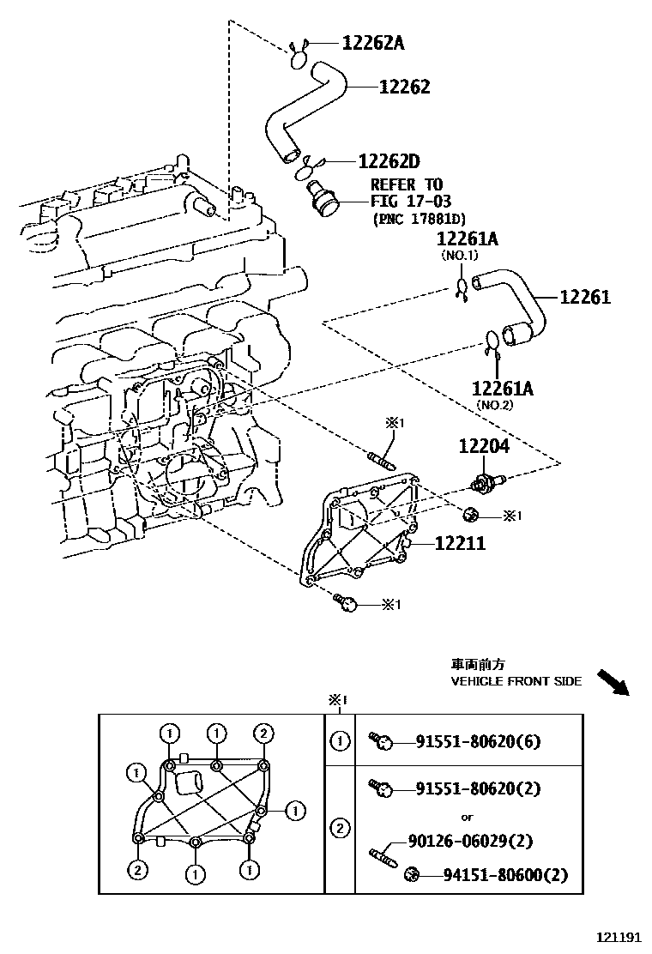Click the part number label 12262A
372,42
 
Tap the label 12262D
388,161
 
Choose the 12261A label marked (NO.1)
467,238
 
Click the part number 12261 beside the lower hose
584,297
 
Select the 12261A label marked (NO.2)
502,389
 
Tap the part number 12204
483,446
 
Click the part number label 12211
459,543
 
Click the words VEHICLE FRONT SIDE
516,681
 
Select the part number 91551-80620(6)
478,742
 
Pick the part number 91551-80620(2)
478,788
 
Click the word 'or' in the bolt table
467,817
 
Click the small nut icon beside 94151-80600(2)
411,874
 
